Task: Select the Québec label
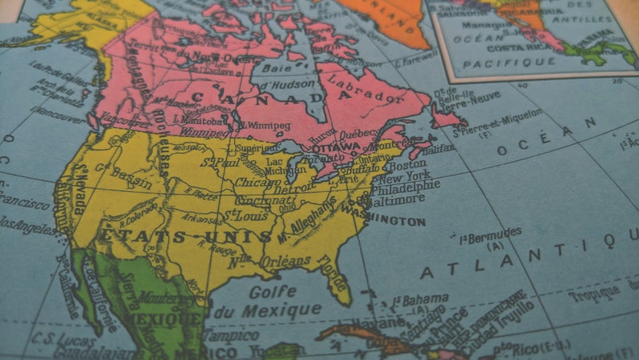(x=357, y=134)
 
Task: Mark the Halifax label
(x=438, y=147)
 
